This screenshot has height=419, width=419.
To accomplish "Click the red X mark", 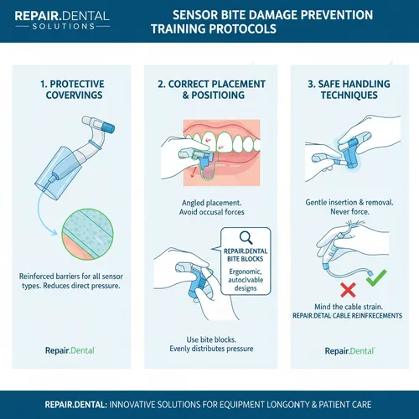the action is [x=348, y=290].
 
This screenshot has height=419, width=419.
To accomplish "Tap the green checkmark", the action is [x=376, y=277].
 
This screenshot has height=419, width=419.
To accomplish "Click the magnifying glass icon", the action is [x=246, y=238].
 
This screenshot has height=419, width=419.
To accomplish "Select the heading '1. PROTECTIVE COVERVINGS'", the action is [x=72, y=90].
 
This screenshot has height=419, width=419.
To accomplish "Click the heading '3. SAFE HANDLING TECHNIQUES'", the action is [x=349, y=90].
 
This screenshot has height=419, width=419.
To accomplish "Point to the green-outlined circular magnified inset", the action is [x=87, y=234].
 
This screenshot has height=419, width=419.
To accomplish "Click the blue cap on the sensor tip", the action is [x=108, y=127].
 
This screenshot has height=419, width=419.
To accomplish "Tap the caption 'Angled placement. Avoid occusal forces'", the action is [x=211, y=207].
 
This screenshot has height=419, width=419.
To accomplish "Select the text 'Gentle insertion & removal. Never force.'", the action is [x=349, y=207].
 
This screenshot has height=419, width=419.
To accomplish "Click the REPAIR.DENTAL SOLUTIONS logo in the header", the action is [x=62, y=20].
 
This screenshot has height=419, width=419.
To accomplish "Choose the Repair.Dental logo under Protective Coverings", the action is [x=70, y=350].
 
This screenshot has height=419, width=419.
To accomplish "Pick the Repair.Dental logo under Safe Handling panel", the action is [x=349, y=351].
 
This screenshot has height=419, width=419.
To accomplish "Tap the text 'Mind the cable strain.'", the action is [x=349, y=307].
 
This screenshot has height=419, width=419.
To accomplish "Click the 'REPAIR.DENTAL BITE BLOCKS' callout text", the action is [x=246, y=255].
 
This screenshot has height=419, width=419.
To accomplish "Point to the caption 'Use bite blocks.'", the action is [x=211, y=339].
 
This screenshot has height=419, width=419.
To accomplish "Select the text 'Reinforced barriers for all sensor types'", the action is [x=71, y=281].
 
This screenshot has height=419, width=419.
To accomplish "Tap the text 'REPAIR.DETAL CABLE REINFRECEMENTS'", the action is [x=347, y=316].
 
